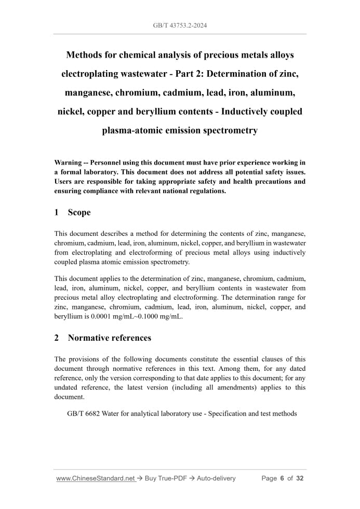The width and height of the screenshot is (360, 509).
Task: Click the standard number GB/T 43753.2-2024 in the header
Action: [180, 25]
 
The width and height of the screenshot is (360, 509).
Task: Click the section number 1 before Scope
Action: [57, 212]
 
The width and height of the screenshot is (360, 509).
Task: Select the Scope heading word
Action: [79, 212]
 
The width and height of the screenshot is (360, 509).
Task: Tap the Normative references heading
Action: [110, 338]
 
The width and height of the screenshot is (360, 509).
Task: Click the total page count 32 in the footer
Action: [299, 478]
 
